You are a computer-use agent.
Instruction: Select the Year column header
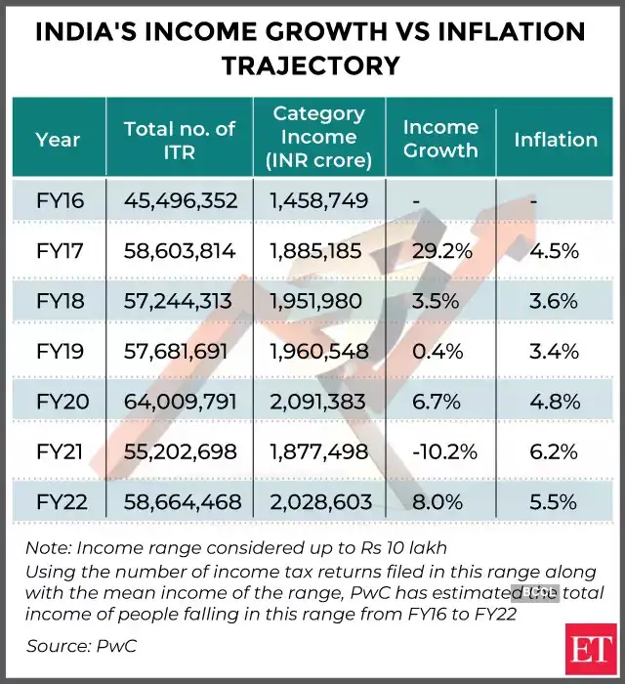point(58,140)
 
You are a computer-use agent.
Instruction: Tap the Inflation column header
point(556,140)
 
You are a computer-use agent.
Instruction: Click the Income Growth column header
point(440,139)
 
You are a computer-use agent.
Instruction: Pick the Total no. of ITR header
point(180,139)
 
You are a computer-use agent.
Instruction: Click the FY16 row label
point(60,201)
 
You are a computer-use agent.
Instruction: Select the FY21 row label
point(60,451)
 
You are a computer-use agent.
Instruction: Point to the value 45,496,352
point(181,201)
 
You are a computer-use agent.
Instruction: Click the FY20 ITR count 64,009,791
point(181,402)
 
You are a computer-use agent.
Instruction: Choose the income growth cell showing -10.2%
point(439,451)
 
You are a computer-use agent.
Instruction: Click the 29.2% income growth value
point(439,251)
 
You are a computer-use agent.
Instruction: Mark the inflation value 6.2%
point(556,451)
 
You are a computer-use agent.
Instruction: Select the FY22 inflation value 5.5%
point(556,502)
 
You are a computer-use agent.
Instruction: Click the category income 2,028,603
point(320,502)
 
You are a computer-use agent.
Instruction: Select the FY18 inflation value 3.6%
point(556,301)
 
